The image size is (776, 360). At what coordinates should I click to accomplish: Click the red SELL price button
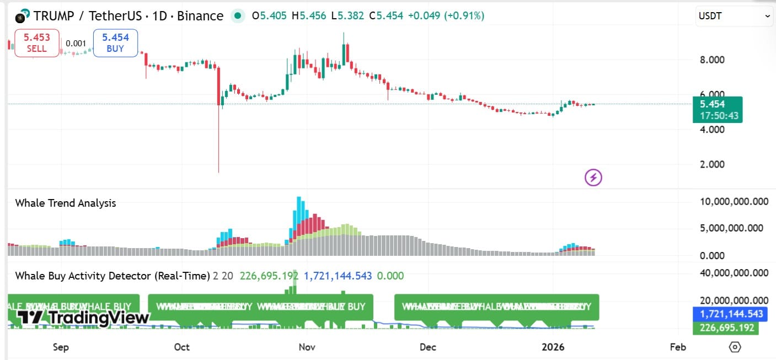click(x=36, y=43)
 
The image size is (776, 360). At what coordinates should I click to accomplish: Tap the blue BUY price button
click(x=115, y=43)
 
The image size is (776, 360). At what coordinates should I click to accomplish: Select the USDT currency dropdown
click(x=734, y=17)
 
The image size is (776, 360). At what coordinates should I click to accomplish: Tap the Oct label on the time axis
click(x=181, y=347)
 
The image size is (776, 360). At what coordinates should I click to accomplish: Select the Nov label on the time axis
click(x=307, y=347)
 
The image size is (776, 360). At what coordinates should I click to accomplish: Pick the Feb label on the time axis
click(x=677, y=347)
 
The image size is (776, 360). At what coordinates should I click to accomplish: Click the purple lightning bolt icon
click(x=593, y=178)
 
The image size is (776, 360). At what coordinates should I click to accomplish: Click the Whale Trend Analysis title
click(x=66, y=203)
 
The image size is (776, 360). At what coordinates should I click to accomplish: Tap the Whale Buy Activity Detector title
click(x=113, y=276)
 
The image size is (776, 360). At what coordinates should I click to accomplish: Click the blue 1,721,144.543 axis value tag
click(x=731, y=314)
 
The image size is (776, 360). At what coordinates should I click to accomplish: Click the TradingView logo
click(x=83, y=318)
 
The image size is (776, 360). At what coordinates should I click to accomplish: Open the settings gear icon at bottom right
click(x=734, y=347)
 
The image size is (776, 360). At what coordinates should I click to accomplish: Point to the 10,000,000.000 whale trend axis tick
click(x=734, y=202)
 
